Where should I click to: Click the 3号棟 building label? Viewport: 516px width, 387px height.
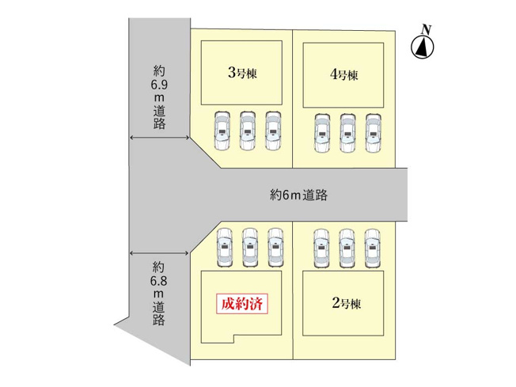243,73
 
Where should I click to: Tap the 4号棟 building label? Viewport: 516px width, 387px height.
345,75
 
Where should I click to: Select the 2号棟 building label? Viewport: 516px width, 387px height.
346,302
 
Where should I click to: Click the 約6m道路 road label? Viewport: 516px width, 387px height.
298,194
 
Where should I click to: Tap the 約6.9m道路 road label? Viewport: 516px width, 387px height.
159,96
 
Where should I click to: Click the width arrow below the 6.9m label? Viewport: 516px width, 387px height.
159,138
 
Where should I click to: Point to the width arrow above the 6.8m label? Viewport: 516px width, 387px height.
159,252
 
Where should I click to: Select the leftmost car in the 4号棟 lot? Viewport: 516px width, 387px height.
321,133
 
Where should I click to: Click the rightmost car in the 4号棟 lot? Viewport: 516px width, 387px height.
373,133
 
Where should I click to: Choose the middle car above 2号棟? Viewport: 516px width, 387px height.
347,247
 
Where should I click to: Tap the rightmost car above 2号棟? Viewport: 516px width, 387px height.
373,247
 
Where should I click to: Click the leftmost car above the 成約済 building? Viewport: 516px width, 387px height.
224,247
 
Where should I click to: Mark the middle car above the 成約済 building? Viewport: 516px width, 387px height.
250,247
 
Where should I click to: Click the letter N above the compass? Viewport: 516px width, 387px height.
426,30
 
